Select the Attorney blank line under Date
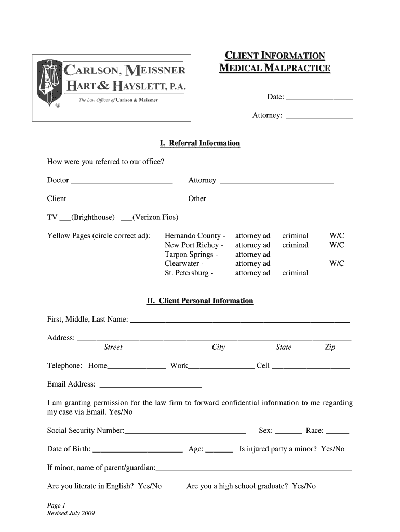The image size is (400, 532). pos(319,117)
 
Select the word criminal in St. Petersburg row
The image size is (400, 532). pos(295,273)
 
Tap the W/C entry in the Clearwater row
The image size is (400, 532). pos(337,263)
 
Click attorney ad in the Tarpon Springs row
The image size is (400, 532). pos(252,254)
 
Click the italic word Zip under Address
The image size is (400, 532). pos(330,347)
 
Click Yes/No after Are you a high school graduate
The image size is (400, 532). pos(304,486)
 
